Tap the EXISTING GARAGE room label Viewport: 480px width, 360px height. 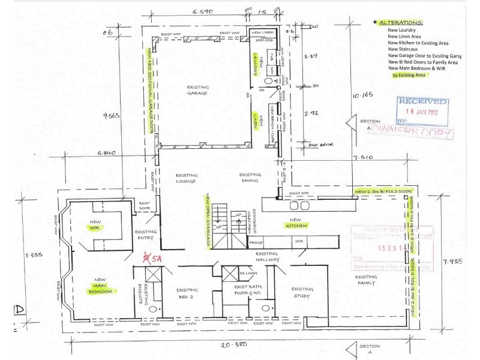pos(197,90)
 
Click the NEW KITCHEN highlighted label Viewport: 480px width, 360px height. pos(296,225)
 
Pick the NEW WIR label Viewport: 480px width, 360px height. pos(97,225)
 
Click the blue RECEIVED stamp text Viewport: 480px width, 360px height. pos(423,102)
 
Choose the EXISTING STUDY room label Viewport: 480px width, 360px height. pos(302,292)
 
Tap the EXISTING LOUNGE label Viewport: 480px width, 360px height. pos(187,178)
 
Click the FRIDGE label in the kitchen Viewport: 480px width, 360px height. pos(256,242)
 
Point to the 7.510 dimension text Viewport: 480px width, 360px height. pos(363,158)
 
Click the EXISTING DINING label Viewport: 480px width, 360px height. pos(248,178)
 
